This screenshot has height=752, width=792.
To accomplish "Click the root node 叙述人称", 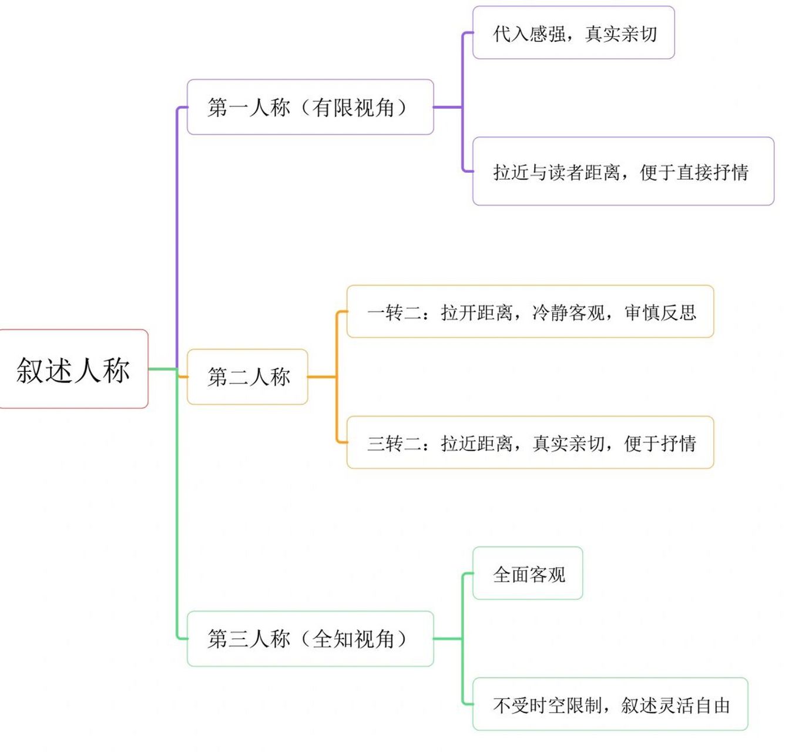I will [73, 370].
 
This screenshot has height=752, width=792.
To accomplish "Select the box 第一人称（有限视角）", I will [310, 108].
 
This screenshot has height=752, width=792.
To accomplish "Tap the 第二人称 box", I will [247, 377].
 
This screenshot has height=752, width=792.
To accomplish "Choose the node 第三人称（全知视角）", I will [310, 639].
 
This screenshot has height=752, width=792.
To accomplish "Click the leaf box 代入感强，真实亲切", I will [573, 33].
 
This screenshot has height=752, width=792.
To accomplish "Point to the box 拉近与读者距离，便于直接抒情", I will [623, 172].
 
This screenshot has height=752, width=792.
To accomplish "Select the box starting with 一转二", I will [530, 312].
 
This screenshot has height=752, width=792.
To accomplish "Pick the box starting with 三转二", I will [530, 443].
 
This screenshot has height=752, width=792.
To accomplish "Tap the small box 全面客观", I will [528, 574].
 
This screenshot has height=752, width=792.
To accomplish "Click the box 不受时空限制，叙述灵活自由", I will [610, 704].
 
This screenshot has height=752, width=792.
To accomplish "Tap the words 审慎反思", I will [660, 312].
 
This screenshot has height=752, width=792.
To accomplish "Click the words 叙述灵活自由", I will [675, 704].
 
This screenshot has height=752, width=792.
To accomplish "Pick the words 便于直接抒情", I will [694, 172].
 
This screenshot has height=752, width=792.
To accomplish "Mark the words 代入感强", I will [529, 33].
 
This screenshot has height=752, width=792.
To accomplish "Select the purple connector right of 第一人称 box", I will [448, 108].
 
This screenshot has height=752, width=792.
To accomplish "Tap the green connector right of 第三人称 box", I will [448, 639].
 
